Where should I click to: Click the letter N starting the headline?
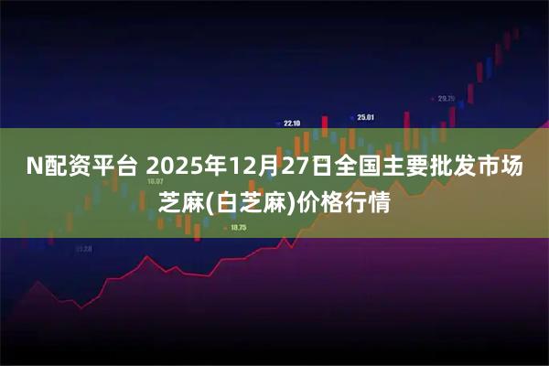[x=33, y=167]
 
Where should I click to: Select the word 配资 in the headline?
[x=67, y=167]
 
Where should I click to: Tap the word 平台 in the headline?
[x=114, y=167]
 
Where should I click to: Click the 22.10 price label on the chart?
[x=292, y=123]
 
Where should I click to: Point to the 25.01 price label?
[x=366, y=116]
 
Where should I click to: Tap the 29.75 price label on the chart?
[x=446, y=98]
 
